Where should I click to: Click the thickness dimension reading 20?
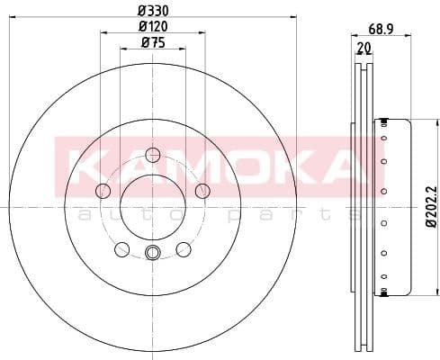point(363,47)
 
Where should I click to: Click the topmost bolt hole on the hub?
point(152,153)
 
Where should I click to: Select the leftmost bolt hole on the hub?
point(103,190)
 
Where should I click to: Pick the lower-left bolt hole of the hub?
point(121,249)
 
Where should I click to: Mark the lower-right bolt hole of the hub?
point(184,249)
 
